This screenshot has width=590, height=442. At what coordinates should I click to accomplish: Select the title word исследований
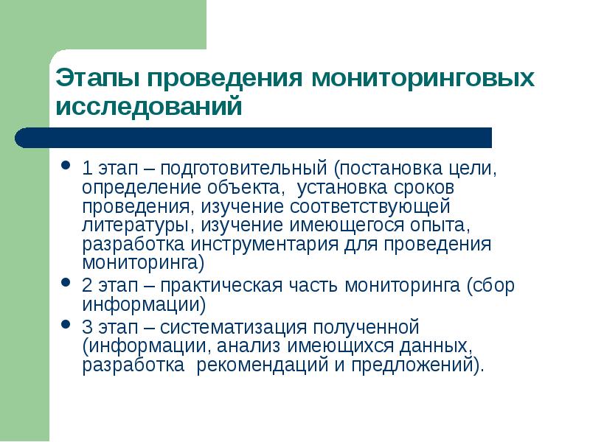point(149,107)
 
